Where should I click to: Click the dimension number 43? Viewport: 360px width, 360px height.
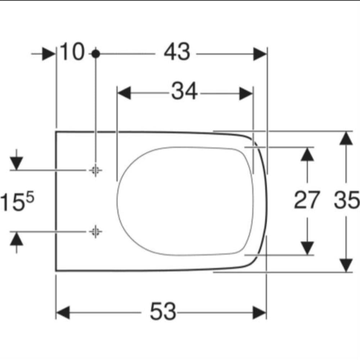click(x=177, y=52)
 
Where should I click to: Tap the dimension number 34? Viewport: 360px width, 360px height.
click(x=184, y=91)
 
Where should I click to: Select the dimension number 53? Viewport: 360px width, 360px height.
click(x=163, y=311)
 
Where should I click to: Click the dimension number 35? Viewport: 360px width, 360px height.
click(x=346, y=200)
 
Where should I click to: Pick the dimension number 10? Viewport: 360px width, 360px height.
click(x=72, y=51)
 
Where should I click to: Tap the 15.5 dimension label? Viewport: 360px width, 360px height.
click(x=17, y=201)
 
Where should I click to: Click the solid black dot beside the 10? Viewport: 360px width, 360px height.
click(x=95, y=54)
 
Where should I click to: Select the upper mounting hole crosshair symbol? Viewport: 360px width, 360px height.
click(x=95, y=170)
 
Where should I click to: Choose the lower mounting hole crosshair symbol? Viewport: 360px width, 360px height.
click(x=95, y=231)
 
